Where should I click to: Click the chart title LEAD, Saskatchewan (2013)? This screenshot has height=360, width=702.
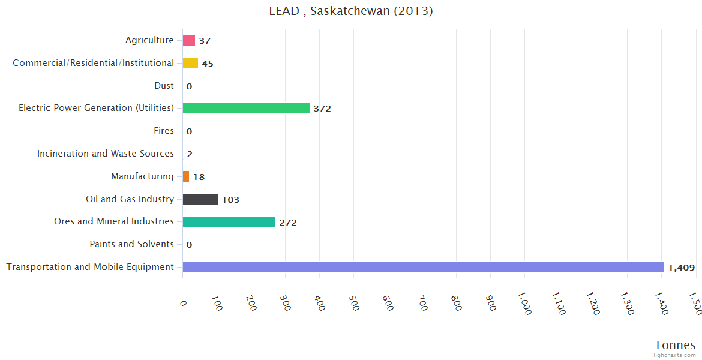351,11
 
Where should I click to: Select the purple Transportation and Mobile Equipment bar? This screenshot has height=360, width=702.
423,267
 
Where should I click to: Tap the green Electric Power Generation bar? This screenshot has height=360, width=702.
246,108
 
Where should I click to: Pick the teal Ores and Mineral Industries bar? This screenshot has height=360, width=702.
229,222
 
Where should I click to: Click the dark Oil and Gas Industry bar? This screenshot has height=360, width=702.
200,199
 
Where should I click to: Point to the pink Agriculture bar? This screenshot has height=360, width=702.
188,40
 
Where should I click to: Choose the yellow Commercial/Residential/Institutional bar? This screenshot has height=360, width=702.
190,63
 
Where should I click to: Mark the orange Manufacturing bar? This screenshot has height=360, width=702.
186,176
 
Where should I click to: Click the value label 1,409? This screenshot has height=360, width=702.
681,268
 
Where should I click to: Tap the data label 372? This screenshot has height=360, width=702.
322,109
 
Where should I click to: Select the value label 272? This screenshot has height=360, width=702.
288,223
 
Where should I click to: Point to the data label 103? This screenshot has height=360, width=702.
230,200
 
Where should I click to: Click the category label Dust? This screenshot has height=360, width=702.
164,86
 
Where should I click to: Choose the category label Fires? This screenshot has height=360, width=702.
164,131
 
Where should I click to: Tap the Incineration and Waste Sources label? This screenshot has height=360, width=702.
106,154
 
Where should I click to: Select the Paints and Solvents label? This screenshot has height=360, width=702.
131,244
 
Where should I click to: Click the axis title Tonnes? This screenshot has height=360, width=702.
675,345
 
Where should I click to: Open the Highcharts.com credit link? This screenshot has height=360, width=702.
674,355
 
